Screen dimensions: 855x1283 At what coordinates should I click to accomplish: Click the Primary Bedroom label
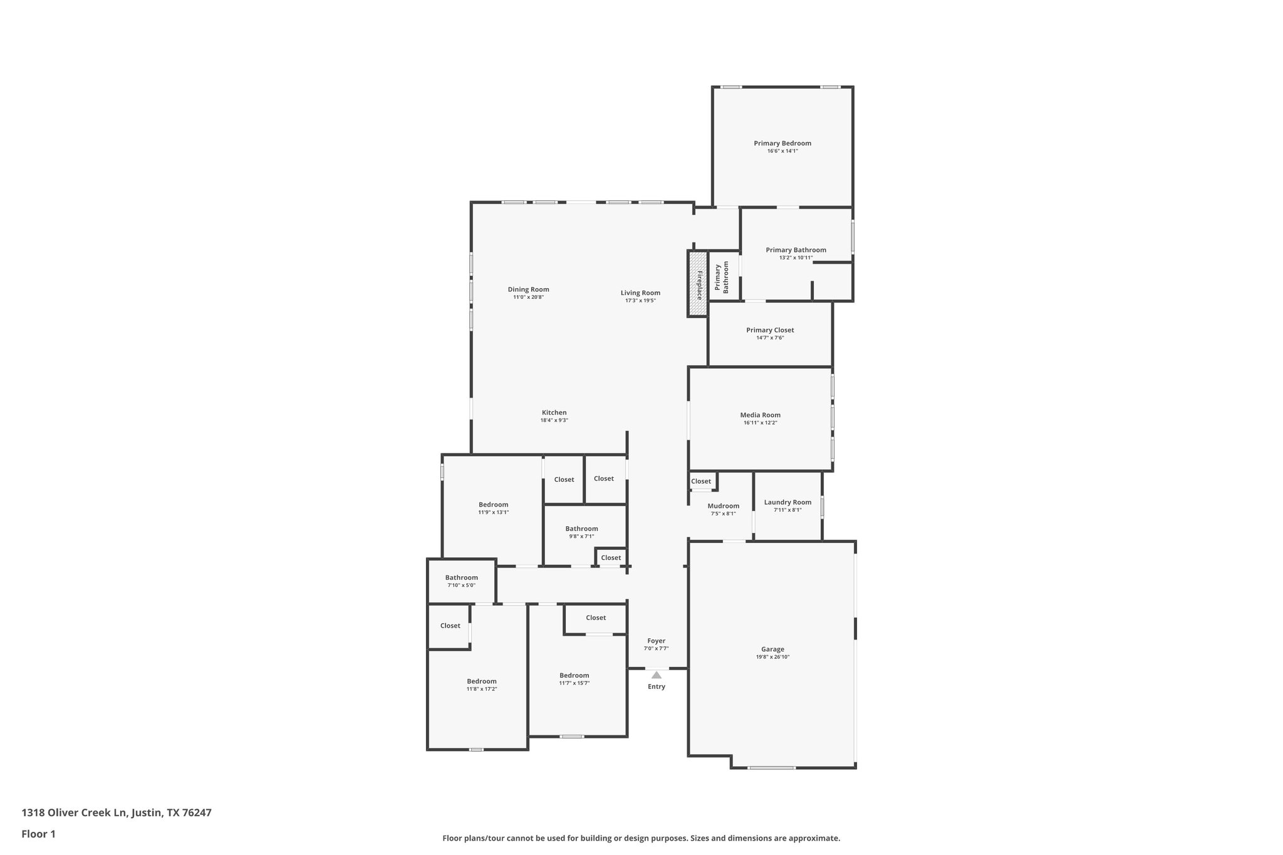782,143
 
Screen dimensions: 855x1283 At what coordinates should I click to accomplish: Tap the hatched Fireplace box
697,284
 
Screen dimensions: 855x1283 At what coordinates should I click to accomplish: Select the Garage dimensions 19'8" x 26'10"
772,657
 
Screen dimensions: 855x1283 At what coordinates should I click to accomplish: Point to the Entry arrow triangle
656,675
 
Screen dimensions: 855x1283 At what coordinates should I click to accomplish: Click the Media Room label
760,415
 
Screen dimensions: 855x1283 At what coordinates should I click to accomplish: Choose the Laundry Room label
787,502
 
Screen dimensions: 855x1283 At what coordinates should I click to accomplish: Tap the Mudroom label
723,506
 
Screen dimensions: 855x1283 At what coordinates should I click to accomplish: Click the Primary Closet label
770,330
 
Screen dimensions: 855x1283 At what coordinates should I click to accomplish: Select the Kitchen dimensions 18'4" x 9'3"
554,420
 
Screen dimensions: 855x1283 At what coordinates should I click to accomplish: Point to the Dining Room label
528,289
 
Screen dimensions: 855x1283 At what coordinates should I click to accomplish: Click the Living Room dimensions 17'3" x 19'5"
640,301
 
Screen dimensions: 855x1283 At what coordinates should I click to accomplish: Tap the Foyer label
656,641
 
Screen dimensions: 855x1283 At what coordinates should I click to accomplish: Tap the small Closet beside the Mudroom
701,481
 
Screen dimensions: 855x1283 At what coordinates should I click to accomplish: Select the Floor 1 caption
38,834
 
